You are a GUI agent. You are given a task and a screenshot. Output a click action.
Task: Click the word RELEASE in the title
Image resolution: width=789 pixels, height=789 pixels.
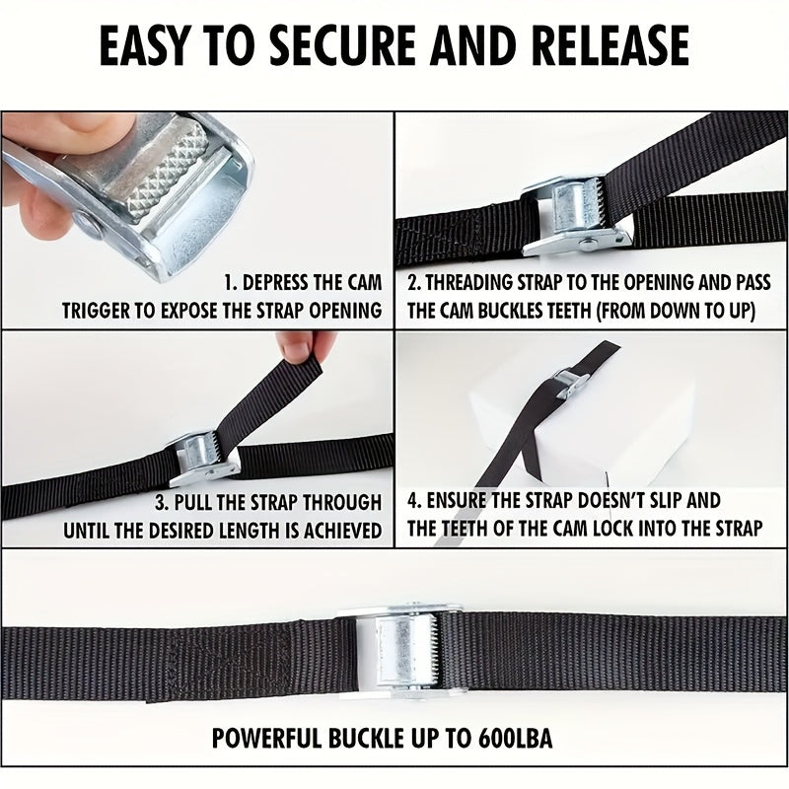pyautogui.click(x=610, y=46)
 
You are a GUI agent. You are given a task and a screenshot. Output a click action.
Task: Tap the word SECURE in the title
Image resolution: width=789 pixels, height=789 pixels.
pyautogui.click(x=342, y=46)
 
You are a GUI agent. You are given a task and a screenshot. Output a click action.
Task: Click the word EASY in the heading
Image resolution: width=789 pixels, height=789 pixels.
pyautogui.click(x=143, y=46)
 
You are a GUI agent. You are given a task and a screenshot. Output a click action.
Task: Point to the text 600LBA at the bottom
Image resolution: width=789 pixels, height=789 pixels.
pyautogui.click(x=515, y=738)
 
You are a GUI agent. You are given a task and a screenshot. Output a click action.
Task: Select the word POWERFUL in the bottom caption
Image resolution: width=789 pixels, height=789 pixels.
pyautogui.click(x=266, y=738)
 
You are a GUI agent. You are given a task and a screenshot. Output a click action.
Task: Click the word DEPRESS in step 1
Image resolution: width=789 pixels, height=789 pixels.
pyautogui.click(x=274, y=283)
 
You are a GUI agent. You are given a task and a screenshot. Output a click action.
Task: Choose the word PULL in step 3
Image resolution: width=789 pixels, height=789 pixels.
pyautogui.click(x=191, y=503)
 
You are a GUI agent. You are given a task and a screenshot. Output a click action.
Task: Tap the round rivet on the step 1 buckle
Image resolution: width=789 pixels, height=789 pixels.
pyautogui.click(x=90, y=226)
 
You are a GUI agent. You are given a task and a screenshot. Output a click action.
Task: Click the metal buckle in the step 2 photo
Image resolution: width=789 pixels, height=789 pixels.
pyautogui.click(x=576, y=218)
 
